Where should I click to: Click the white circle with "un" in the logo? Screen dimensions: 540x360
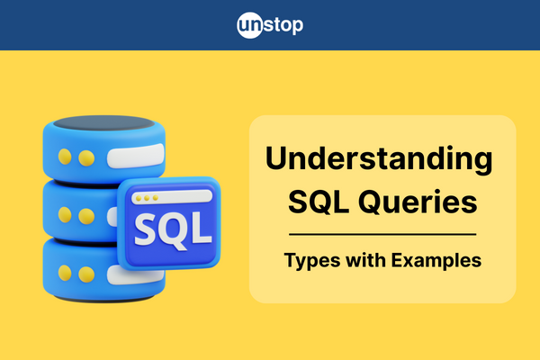click(x=250, y=25)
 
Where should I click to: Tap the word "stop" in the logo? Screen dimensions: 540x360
click(x=283, y=25)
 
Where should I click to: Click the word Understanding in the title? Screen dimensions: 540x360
click(x=379, y=159)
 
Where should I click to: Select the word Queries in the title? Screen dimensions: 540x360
click(x=418, y=202)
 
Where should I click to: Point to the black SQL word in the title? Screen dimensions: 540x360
click(x=319, y=202)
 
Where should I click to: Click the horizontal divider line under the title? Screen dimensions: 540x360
click(x=382, y=234)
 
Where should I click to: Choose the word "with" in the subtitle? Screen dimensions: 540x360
click(x=366, y=259)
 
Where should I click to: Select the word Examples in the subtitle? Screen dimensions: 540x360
click(x=436, y=261)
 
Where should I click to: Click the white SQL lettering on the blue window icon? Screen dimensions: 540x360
click(x=173, y=229)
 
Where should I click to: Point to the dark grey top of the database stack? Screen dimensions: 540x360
click(x=104, y=123)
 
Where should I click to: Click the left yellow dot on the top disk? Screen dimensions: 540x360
click(x=65, y=157)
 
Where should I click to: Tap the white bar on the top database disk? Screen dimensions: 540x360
click(x=136, y=156)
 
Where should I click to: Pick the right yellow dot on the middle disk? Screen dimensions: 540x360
click(x=86, y=216)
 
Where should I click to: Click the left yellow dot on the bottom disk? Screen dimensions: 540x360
click(x=65, y=274)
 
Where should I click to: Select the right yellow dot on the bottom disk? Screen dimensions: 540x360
click(x=86, y=274)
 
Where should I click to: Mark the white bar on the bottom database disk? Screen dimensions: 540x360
click(x=136, y=275)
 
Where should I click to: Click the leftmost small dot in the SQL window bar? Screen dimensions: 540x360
click(x=139, y=199)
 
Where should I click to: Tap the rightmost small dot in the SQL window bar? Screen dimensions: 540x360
click(x=156, y=198)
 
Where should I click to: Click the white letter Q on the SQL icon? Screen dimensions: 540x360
click(x=175, y=230)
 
